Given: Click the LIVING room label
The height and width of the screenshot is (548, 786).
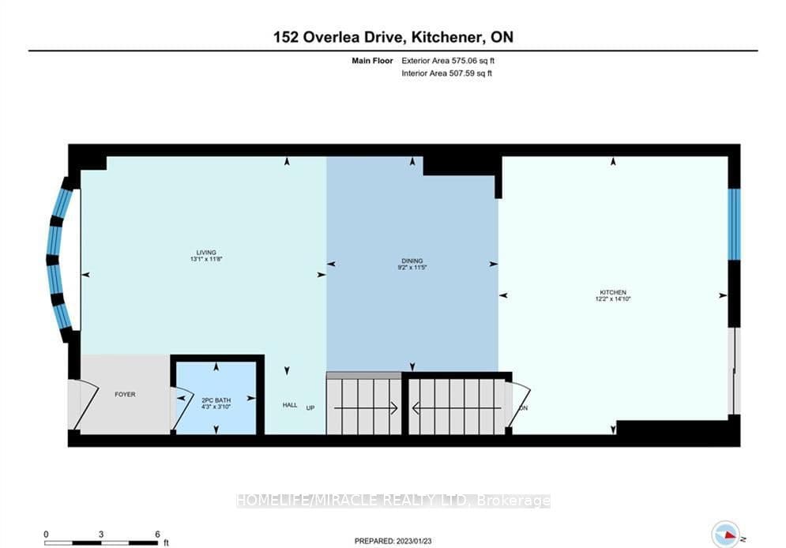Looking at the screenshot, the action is pyautogui.click(x=206, y=253).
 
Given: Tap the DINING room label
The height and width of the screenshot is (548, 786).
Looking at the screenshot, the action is pyautogui.click(x=412, y=261).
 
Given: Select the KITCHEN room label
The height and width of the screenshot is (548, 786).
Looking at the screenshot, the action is pyautogui.click(x=613, y=292).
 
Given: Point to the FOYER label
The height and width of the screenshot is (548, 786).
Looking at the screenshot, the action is pyautogui.click(x=125, y=394).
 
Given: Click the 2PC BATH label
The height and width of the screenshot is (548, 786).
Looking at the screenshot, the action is pyautogui.click(x=216, y=400).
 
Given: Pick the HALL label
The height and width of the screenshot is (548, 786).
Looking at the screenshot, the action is pyautogui.click(x=290, y=405).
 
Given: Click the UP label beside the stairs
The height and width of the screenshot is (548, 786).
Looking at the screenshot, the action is pyautogui.click(x=310, y=407).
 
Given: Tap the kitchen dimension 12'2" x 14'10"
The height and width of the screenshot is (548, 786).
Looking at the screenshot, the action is pyautogui.click(x=613, y=299).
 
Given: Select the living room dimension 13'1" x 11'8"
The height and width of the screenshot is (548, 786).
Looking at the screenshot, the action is pyautogui.click(x=206, y=259).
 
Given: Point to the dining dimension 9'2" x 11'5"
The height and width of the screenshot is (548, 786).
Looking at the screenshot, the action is pyautogui.click(x=412, y=268).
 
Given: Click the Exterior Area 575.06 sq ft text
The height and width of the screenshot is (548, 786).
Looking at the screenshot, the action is pyautogui.click(x=448, y=61).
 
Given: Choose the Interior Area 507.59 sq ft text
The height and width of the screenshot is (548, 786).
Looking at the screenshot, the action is pyautogui.click(x=446, y=73).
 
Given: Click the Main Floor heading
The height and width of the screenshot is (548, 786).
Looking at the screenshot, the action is pyautogui.click(x=372, y=61).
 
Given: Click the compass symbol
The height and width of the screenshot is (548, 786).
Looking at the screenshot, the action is pyautogui.click(x=725, y=534).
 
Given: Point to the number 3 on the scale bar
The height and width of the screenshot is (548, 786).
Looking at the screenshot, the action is pyautogui.click(x=101, y=535).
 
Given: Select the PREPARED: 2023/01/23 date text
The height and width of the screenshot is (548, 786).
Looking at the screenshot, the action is pyautogui.click(x=393, y=541).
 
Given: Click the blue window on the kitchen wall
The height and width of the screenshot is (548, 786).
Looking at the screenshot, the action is pyautogui.click(x=735, y=224).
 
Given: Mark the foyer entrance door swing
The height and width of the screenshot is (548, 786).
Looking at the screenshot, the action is pyautogui.click(x=85, y=405).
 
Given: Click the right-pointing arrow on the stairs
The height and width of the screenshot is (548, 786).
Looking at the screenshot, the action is pyautogui.click(x=366, y=408).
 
